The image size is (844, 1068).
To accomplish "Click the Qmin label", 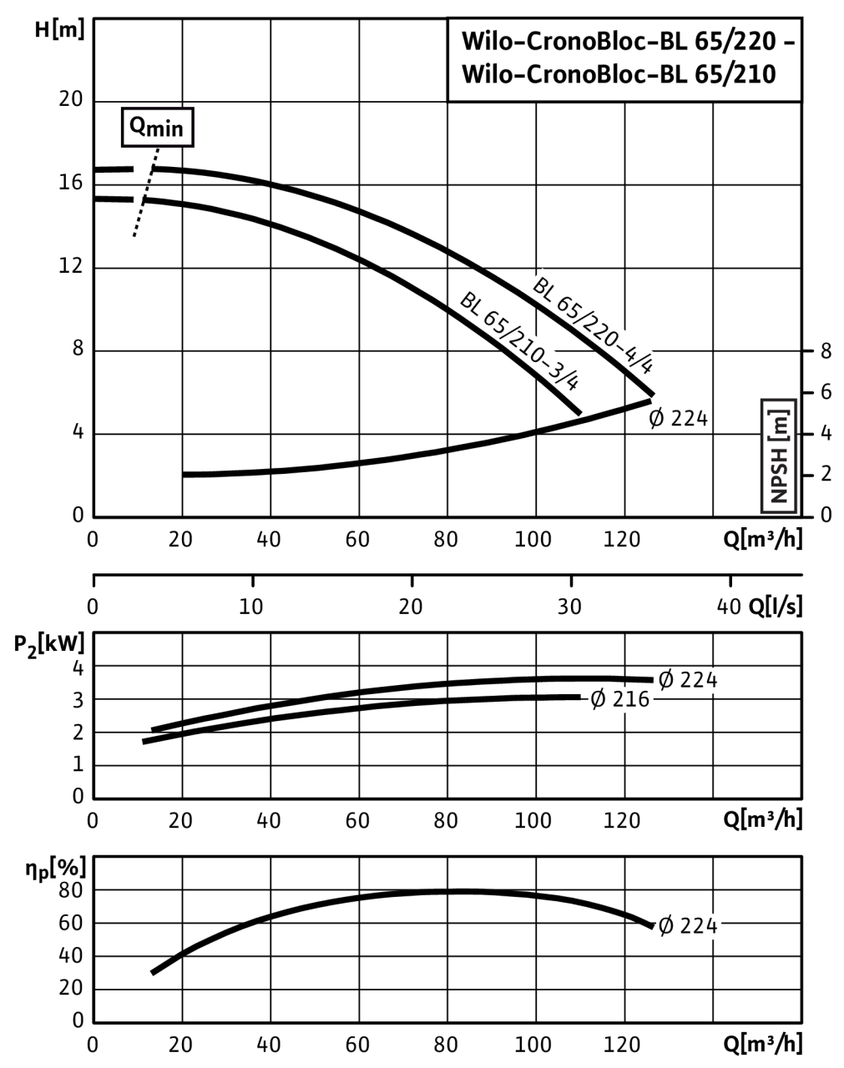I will (158, 128).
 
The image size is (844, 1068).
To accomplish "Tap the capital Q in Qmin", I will (138, 125).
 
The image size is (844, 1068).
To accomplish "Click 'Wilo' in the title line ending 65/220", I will (484, 41).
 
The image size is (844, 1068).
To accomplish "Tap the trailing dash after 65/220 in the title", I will (789, 42).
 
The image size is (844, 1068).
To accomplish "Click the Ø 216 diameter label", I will (619, 700).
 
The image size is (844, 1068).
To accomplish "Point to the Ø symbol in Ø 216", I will (598, 700).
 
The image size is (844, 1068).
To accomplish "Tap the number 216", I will (631, 700).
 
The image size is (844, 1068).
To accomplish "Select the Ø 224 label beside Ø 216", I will (688, 680).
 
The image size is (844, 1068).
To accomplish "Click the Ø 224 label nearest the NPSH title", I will (678, 418).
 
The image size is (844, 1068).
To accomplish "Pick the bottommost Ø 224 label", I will (688, 926).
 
